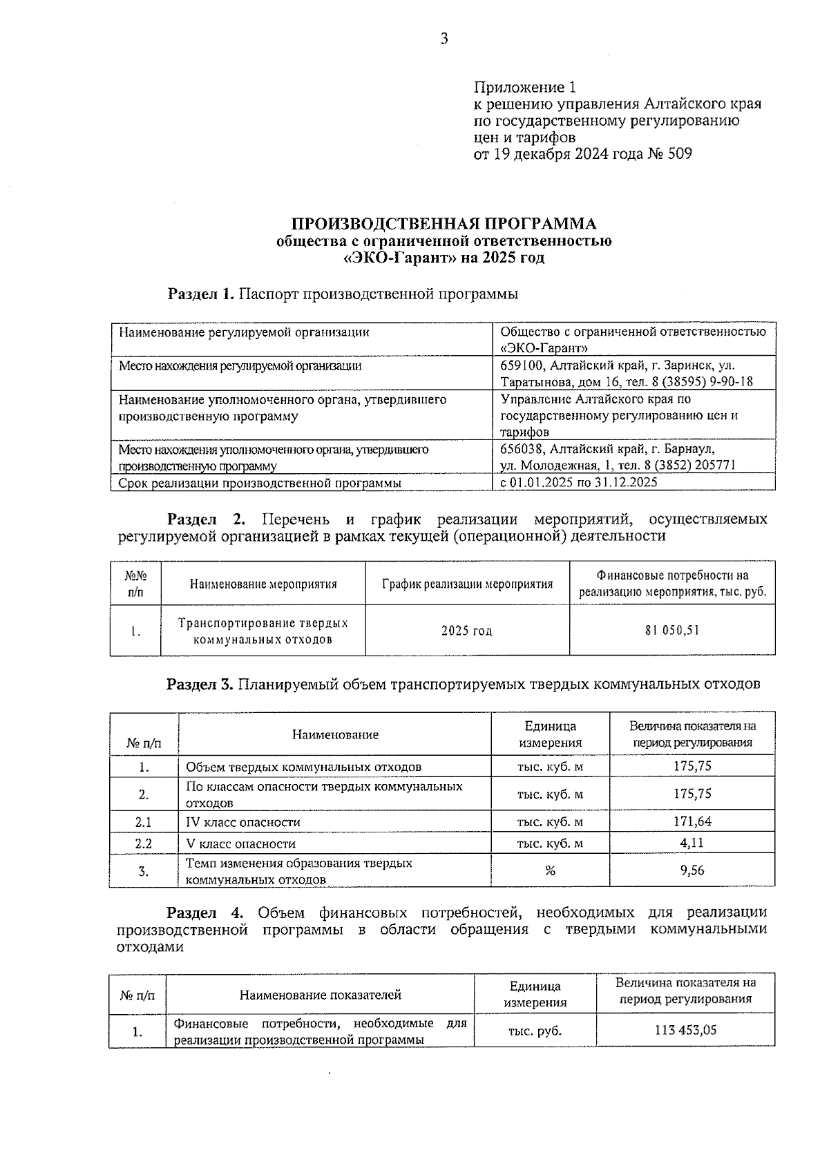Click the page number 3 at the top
pyautogui.click(x=444, y=39)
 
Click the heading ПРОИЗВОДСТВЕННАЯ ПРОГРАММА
pyautogui.click(x=444, y=224)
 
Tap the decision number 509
pyautogui.click(x=679, y=154)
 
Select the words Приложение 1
pyautogui.click(x=524, y=88)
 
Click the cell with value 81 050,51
pyautogui.click(x=672, y=631)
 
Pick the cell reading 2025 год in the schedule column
pyautogui.click(x=467, y=631)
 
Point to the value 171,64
pyautogui.click(x=692, y=821)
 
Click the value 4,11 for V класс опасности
pyautogui.click(x=692, y=843)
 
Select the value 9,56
pyautogui.click(x=692, y=870)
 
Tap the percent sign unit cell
pyautogui.click(x=550, y=871)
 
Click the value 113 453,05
pyautogui.click(x=685, y=1030)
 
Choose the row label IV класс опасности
pyautogui.click(x=243, y=822)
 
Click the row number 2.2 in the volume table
pyautogui.click(x=144, y=843)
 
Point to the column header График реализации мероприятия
pyautogui.click(x=467, y=584)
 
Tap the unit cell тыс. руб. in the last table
pyautogui.click(x=535, y=1031)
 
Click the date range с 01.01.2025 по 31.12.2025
pyautogui.click(x=579, y=482)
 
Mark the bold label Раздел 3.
pyautogui.click(x=200, y=685)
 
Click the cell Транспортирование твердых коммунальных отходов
pyautogui.click(x=263, y=631)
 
